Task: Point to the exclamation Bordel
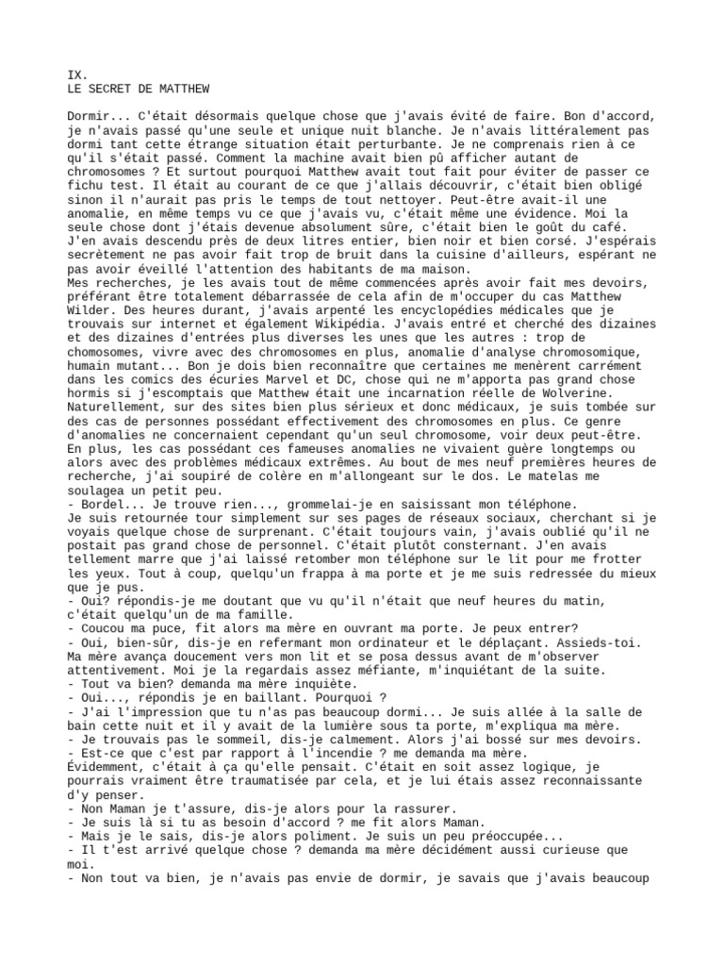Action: tap(107, 505)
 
